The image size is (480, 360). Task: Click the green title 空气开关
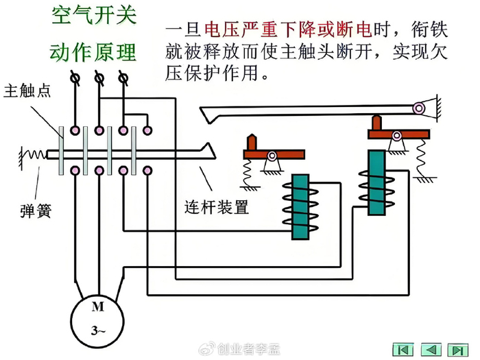(93, 16)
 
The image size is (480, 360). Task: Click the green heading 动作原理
(93, 52)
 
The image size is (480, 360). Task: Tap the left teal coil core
(299, 206)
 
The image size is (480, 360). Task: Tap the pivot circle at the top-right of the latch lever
(418, 107)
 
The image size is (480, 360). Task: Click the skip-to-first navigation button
(403, 348)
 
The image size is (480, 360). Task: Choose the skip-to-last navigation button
(457, 348)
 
